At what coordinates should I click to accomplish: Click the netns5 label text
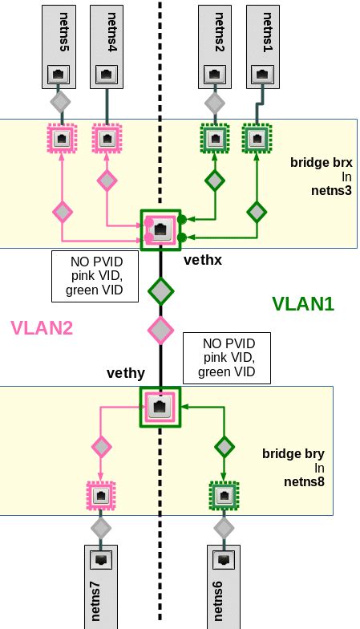pos(64,32)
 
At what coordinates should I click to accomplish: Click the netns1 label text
pos(268,32)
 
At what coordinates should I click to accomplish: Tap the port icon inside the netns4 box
pos(107,75)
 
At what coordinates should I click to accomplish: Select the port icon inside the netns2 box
pos(215,75)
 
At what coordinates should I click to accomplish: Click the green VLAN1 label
pos(303,303)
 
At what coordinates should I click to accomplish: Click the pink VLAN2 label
pos(42,327)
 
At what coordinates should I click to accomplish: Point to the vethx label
pos(202,260)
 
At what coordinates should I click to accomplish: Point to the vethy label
pos(125,373)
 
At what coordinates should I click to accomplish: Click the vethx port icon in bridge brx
pos(160,229)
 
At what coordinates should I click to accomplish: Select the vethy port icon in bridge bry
pos(160,408)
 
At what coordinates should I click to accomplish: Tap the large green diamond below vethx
pos(160,290)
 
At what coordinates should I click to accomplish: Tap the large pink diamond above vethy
pos(160,330)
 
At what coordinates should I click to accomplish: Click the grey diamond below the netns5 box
pos(61,102)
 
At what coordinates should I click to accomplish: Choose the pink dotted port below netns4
pos(107,139)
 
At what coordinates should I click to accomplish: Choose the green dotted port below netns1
pos(257,139)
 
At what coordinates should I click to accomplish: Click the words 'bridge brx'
pos(322,162)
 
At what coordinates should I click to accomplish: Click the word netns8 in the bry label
pos(305,481)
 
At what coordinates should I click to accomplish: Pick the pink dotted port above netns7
pos(101,496)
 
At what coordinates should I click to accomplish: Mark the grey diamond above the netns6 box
pos(224,528)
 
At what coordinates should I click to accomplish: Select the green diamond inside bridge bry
pos(224,446)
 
